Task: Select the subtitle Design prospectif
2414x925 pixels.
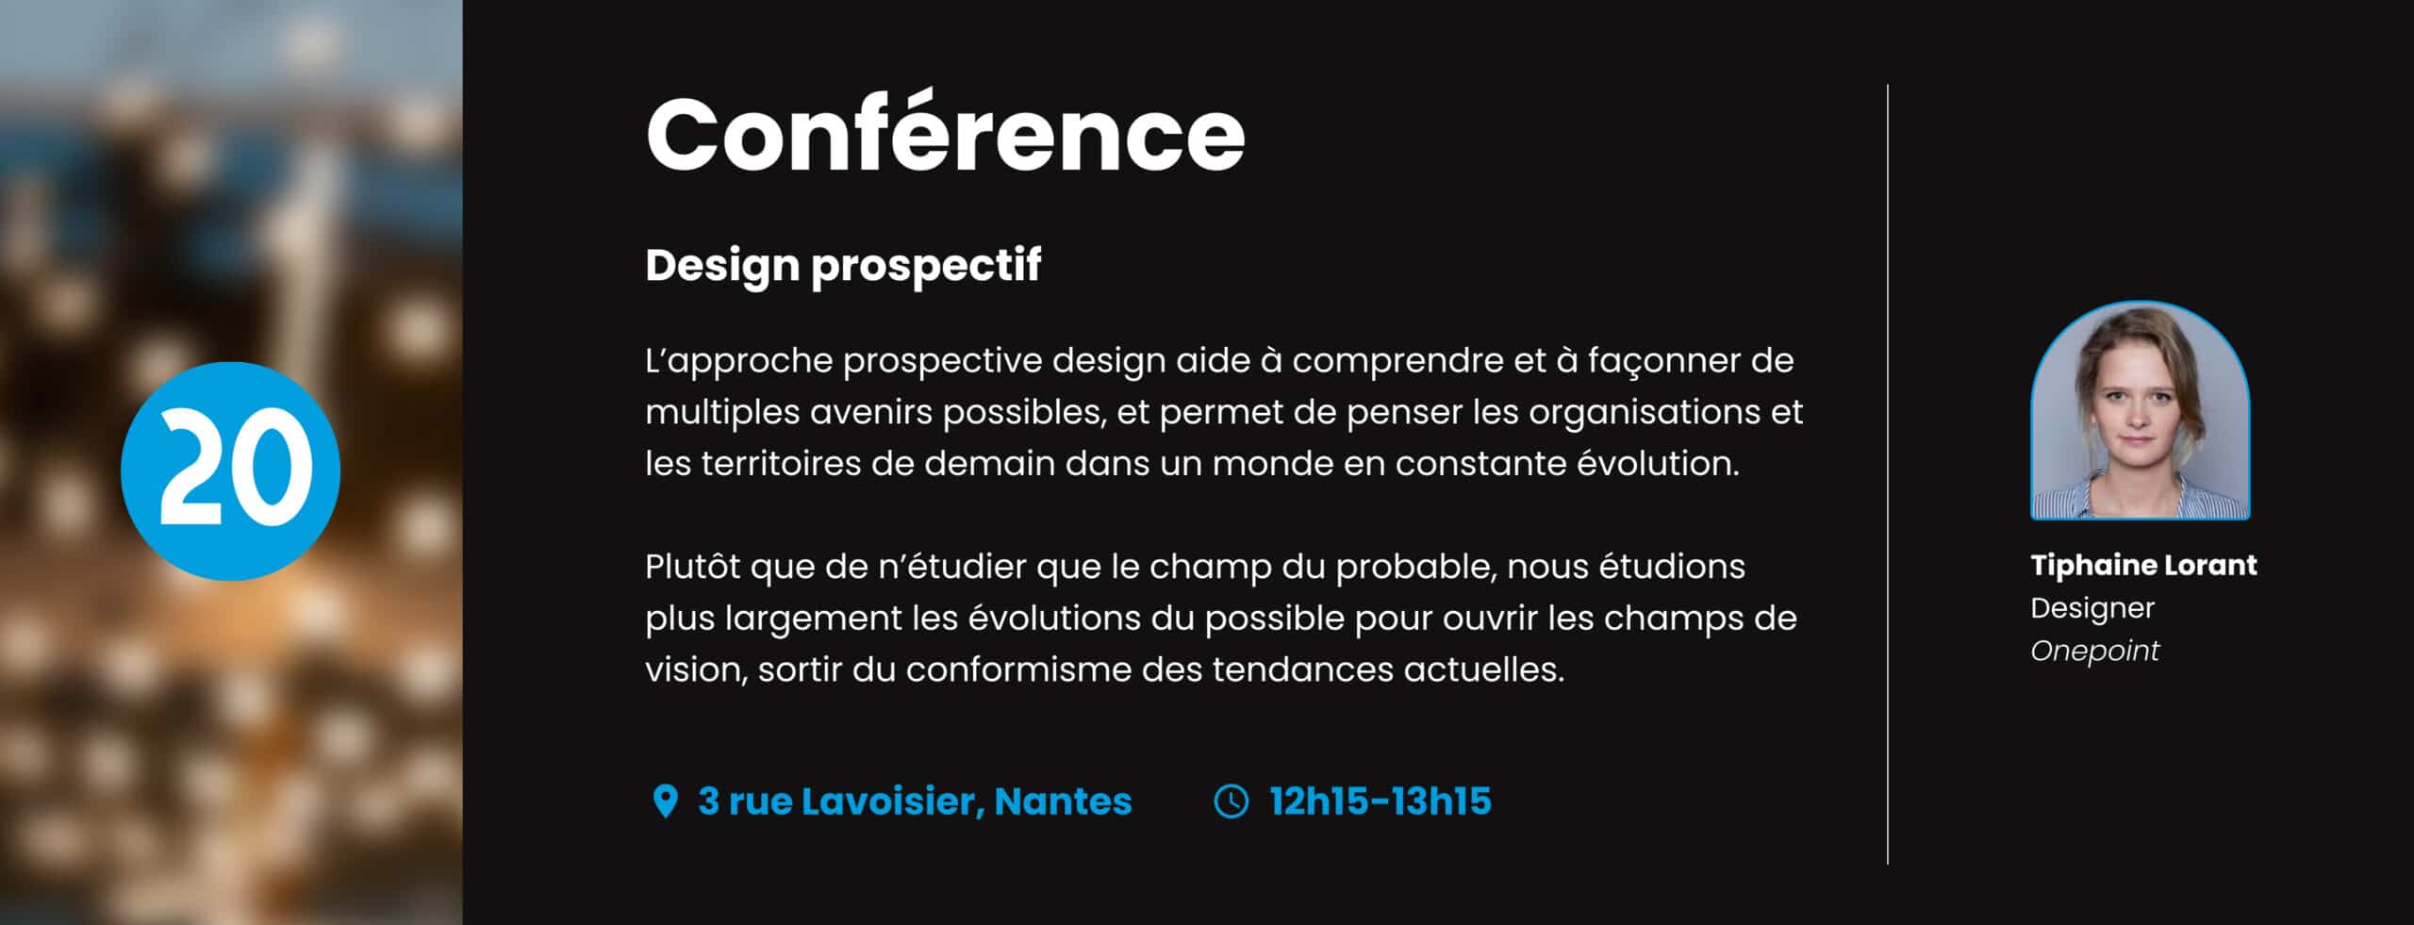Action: pos(843,265)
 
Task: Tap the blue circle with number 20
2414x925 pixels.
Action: pos(230,471)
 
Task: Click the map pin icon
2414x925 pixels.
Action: pos(665,801)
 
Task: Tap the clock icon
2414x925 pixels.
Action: pos(1231,801)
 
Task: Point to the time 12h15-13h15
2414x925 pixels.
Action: pos(1381,801)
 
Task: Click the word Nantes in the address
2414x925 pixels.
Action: pos(1063,801)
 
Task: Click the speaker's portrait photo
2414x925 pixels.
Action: pos(2140,411)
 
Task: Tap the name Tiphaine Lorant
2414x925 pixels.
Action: pos(2143,565)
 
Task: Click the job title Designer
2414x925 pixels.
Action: pos(2092,608)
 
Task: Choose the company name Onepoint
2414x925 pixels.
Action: pos(2094,651)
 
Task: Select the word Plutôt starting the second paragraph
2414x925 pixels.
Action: pos(693,568)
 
